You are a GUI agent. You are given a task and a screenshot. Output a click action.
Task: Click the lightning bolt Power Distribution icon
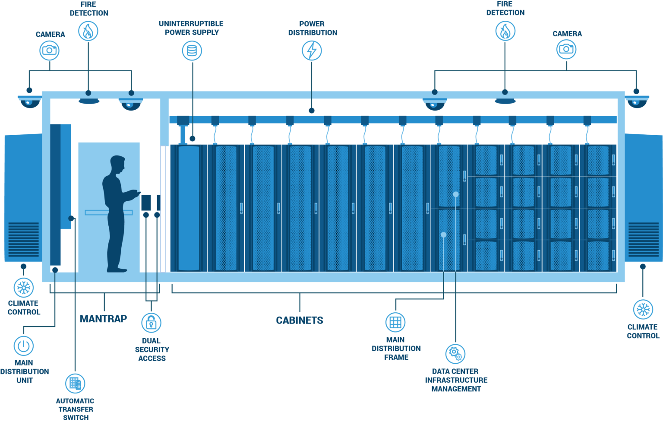coord(312,51)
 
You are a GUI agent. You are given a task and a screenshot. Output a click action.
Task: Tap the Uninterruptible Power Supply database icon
coord(192,51)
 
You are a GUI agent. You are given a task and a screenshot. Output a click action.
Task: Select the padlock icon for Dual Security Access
coord(151,322)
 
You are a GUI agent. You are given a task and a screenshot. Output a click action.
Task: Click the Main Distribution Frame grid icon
coord(395,322)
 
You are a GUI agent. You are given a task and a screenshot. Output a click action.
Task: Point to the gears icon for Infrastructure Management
coord(455,354)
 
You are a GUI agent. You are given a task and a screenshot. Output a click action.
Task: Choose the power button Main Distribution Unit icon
coord(24,346)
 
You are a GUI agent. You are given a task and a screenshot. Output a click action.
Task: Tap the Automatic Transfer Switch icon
coord(75,383)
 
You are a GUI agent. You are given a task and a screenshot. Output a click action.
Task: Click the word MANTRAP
coord(103,319)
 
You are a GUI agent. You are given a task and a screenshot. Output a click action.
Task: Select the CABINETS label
coord(300,320)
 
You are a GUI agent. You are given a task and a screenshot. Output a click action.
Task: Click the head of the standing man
coord(117,165)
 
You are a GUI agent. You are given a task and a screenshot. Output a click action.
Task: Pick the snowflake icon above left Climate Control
coord(23,288)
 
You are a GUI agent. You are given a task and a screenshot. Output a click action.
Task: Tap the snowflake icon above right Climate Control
coord(643,309)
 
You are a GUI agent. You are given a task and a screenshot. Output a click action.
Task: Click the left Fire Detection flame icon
coord(88,31)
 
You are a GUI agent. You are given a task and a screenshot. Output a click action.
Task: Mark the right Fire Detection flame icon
coord(505,31)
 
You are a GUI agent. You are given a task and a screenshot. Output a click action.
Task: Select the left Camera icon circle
coord(50,50)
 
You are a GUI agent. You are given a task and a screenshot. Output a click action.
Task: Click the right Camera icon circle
coord(566,49)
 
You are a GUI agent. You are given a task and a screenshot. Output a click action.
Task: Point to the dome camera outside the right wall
coord(637,102)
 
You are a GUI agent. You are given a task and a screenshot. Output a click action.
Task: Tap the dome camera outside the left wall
coord(30,102)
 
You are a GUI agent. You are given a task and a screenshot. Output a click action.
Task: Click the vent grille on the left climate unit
coord(23,239)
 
